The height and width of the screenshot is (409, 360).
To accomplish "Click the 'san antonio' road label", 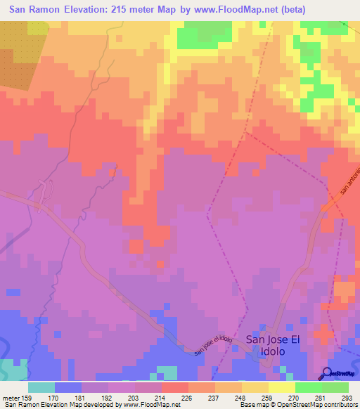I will coord(349,180).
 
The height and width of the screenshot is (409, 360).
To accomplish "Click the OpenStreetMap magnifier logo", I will coord(326,374).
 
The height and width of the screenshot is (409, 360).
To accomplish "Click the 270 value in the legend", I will coord(295,397).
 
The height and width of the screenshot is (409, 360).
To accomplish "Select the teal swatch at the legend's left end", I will coord(41,387).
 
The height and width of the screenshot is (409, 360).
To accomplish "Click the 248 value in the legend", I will coord(241,397).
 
